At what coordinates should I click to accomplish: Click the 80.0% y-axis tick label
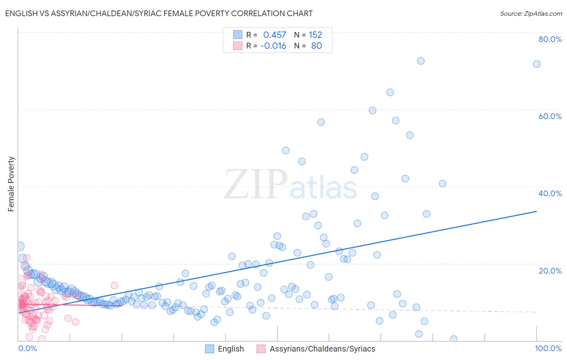(x=550, y=39)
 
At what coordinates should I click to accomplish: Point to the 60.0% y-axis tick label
(x=550, y=116)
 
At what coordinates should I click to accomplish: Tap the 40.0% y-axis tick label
(x=550, y=193)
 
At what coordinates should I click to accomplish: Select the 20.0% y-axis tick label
(x=550, y=271)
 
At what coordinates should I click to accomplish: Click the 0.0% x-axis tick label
(x=27, y=348)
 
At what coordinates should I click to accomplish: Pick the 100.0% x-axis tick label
(x=548, y=348)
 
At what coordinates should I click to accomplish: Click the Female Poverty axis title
(x=11, y=184)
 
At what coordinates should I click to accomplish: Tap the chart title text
(x=158, y=13)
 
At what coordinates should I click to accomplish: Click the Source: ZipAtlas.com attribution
(x=531, y=13)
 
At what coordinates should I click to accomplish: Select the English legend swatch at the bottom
(x=209, y=349)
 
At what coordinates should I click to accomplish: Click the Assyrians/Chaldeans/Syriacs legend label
(x=322, y=349)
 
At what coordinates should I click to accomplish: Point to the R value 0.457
(x=275, y=35)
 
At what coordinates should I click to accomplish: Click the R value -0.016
(x=273, y=46)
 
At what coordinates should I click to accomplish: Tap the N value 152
(x=315, y=35)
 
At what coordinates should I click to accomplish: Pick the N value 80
(x=317, y=46)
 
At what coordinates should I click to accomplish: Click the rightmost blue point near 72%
(x=537, y=64)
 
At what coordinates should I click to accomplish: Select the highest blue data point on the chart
(x=421, y=61)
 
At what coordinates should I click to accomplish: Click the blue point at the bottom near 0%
(x=453, y=339)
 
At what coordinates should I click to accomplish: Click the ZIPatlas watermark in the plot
(x=290, y=185)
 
